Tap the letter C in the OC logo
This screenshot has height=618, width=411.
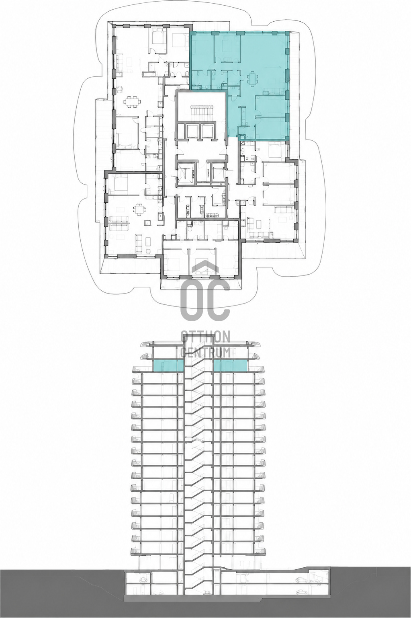click(x=219, y=299)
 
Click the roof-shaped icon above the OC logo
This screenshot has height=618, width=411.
click(x=205, y=267)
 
